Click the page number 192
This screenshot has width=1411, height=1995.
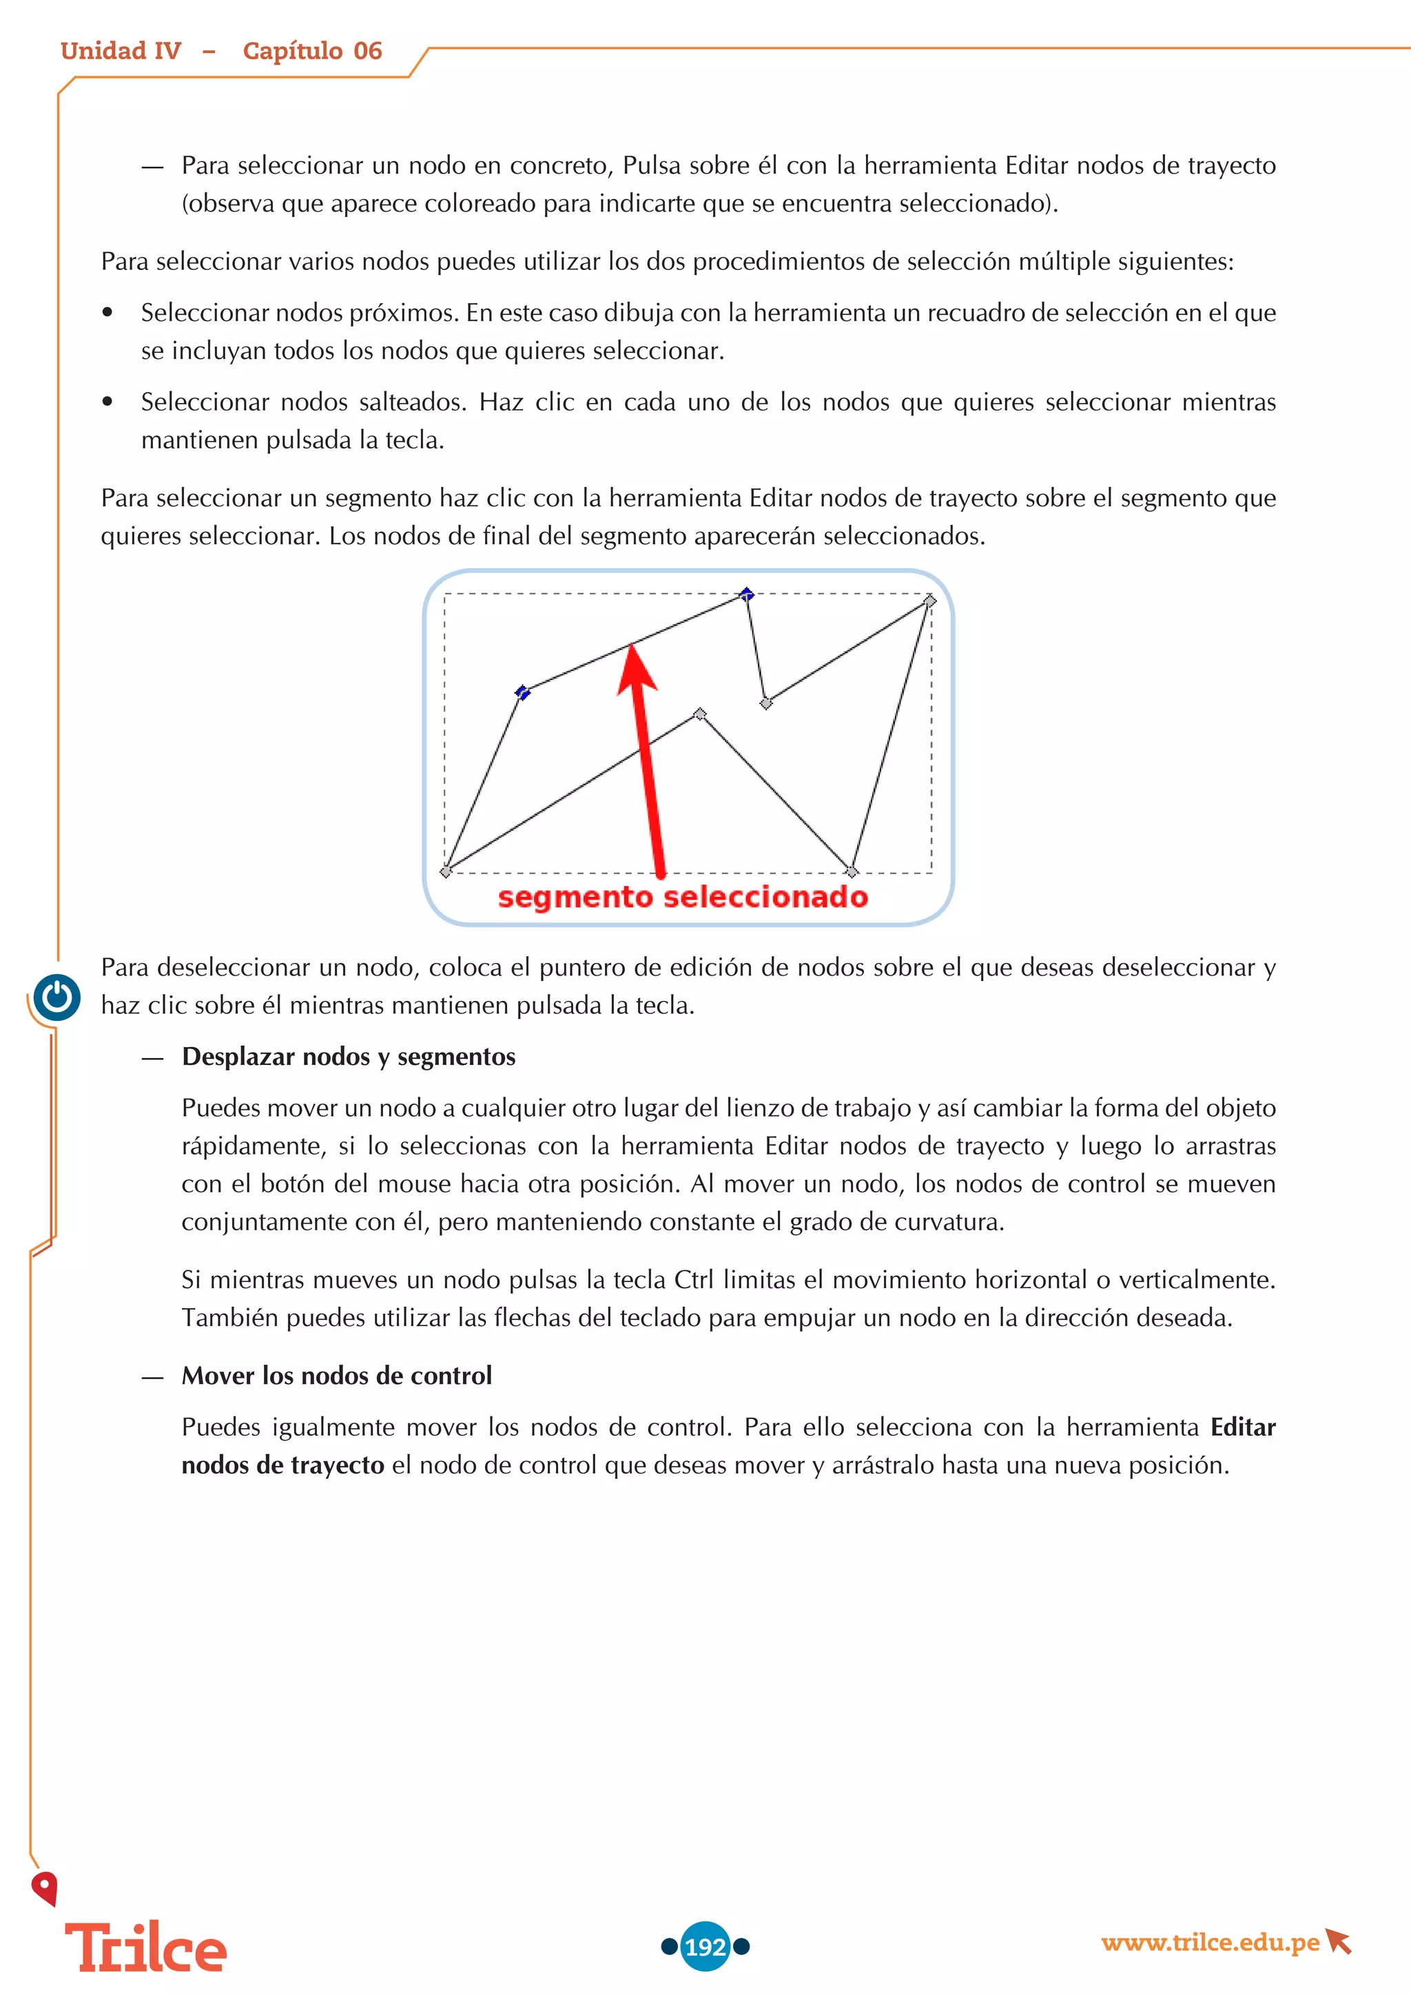pos(705,1946)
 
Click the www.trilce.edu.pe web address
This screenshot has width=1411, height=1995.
pos(1209,1942)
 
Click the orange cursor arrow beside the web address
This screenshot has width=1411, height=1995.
pos(1339,1941)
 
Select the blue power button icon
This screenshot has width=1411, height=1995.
pos(57,997)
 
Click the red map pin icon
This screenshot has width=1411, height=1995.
pos(44,1888)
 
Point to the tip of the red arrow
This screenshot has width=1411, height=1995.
pos(633,648)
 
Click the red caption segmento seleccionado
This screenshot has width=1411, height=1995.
pos(682,897)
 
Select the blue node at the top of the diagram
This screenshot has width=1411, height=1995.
pos(746,595)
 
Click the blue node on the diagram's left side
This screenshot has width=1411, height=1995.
pos(522,692)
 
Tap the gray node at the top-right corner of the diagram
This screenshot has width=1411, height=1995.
pos(929,601)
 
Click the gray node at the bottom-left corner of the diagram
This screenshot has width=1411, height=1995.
pos(446,871)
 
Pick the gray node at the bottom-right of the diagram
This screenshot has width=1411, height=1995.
pos(852,871)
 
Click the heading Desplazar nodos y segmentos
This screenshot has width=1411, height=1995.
pos(349,1057)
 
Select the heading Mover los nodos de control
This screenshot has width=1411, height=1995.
pos(337,1376)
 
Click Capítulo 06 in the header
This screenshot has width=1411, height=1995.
pos(312,51)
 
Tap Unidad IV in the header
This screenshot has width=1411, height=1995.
pos(121,51)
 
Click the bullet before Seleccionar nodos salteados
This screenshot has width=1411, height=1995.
pos(107,402)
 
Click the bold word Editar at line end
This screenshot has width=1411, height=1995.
pos(1242,1427)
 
